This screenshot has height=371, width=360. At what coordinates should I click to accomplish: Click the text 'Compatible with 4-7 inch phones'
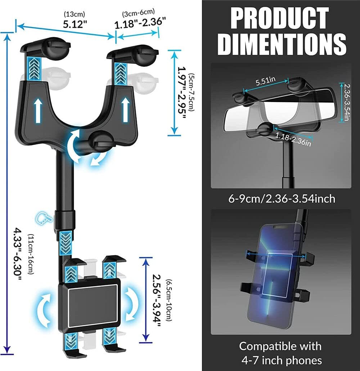click(280, 353)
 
